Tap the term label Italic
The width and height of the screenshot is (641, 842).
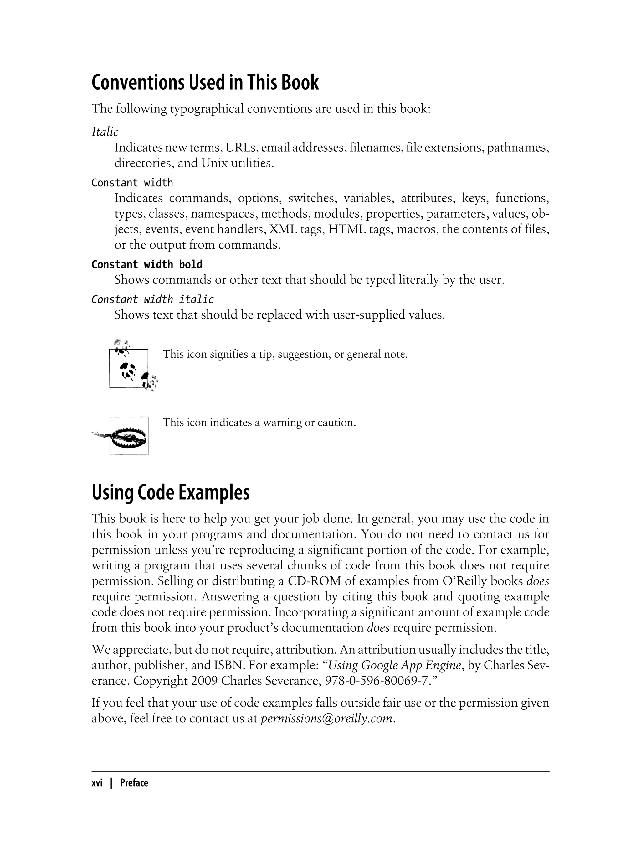pos(105,132)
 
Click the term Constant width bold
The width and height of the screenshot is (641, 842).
pos(147,264)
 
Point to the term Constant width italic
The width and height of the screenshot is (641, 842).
pos(153,299)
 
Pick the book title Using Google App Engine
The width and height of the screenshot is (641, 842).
pos(394,665)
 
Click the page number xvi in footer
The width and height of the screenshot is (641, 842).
pos(97,783)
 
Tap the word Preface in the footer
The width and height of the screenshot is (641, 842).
pos(134,783)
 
